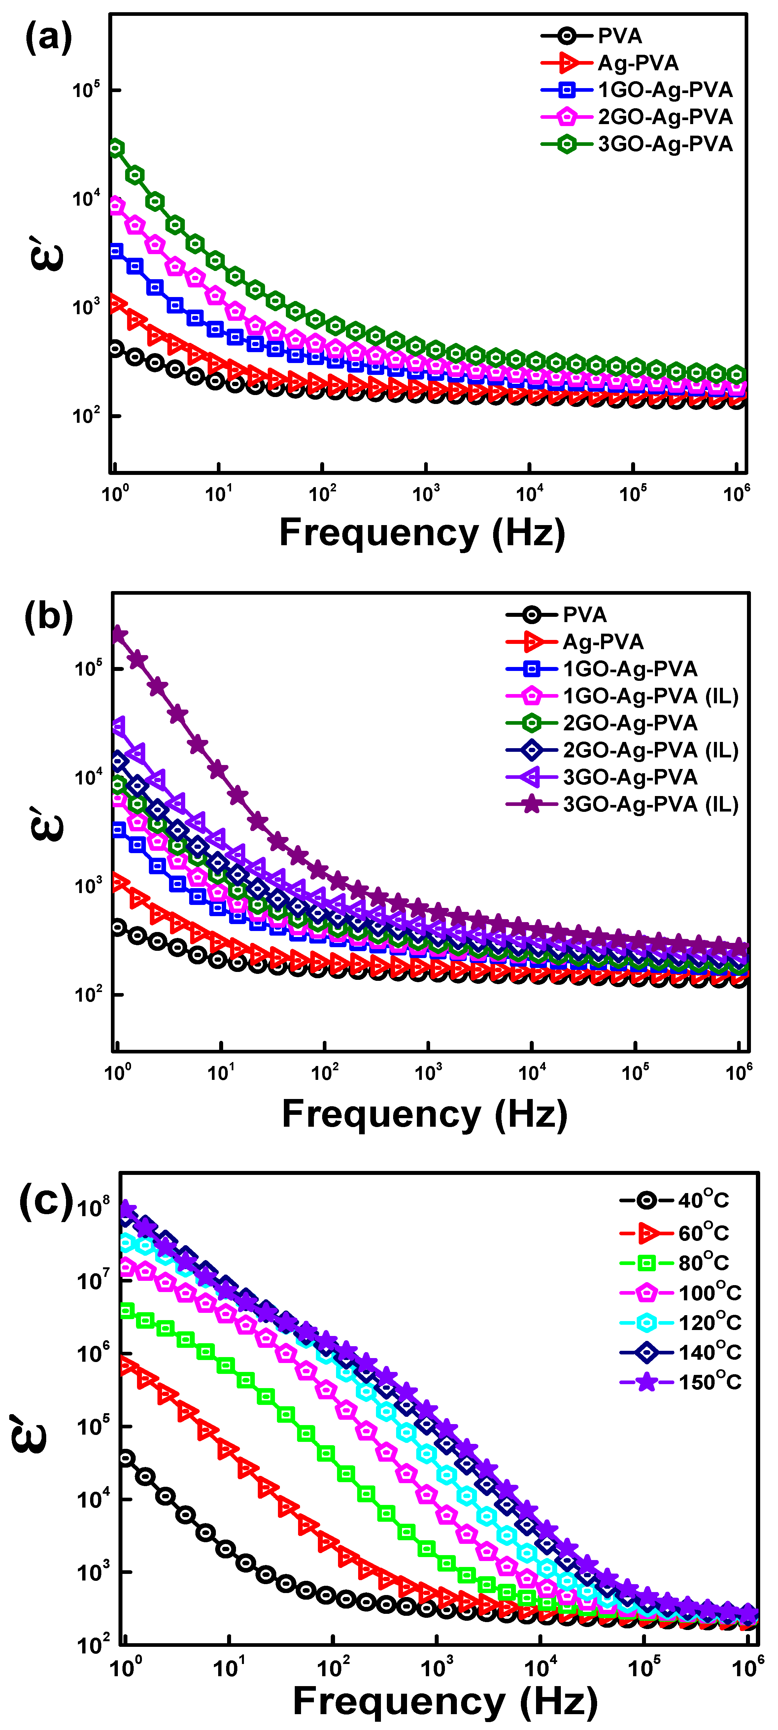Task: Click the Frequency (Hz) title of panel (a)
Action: click(422, 533)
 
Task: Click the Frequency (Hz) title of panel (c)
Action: click(445, 1702)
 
